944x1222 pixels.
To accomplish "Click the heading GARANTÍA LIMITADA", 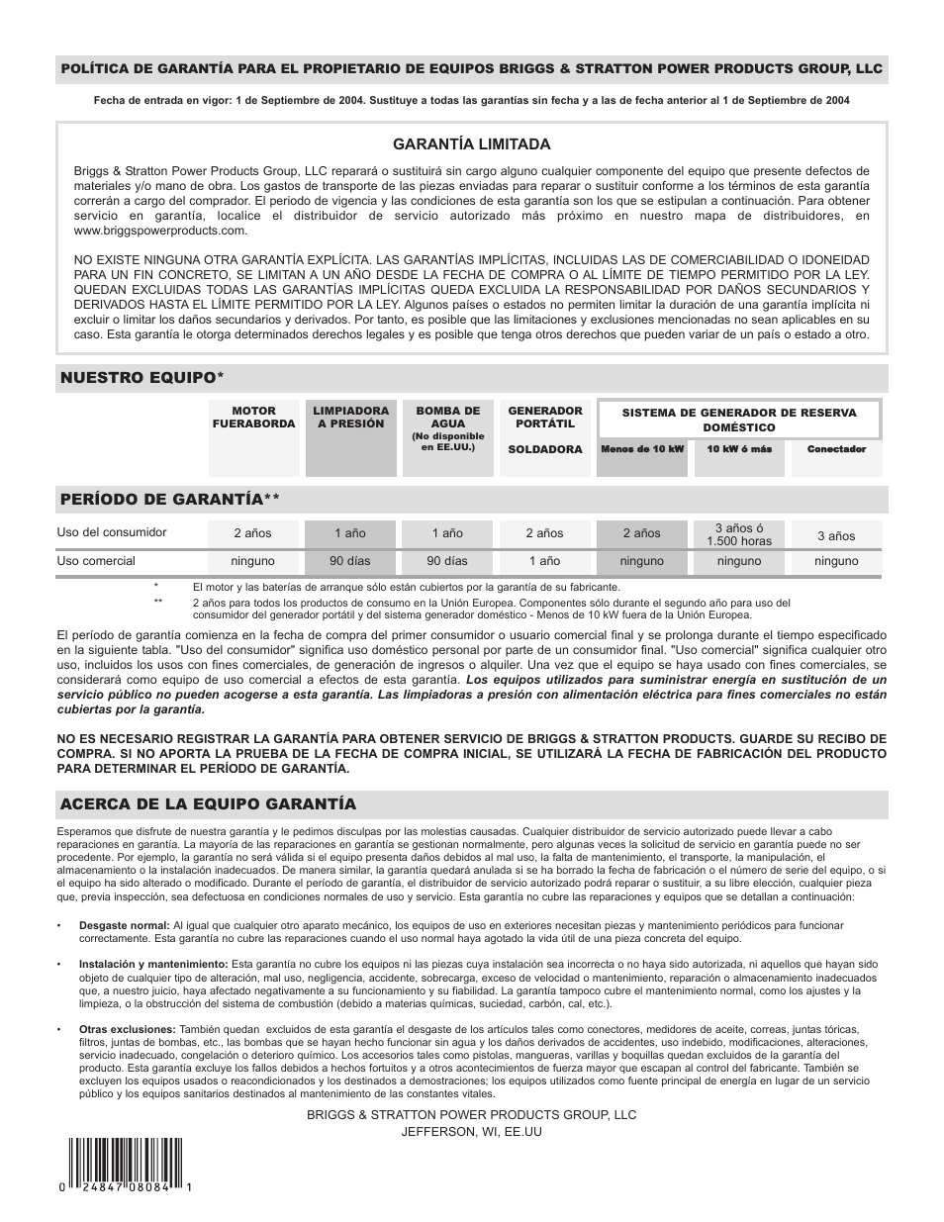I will (x=471, y=144).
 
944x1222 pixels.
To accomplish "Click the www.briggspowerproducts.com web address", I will (x=160, y=231).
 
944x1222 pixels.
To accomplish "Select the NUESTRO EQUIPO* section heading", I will (x=142, y=378).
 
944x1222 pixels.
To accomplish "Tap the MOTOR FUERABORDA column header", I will (x=253, y=417).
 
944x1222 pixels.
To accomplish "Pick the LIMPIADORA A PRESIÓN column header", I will (x=350, y=417).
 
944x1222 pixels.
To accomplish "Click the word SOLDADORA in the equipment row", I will (x=544, y=449).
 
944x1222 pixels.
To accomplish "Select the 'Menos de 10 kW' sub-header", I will (x=642, y=449).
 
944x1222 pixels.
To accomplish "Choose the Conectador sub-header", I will (x=836, y=449).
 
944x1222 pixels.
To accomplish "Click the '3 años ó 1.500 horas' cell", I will (x=739, y=534).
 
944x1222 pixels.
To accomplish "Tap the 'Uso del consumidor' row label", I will (x=112, y=532).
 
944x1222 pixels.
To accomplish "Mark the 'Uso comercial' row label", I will (x=96, y=561).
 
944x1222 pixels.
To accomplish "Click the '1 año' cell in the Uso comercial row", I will (x=543, y=561).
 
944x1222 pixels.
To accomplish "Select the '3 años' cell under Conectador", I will (x=836, y=535).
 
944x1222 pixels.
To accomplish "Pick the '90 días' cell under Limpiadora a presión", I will (x=350, y=561).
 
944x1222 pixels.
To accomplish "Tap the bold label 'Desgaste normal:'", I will (x=125, y=925).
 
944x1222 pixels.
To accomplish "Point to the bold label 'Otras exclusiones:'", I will (x=128, y=1029).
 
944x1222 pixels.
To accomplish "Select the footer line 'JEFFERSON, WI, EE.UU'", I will (x=471, y=1132).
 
